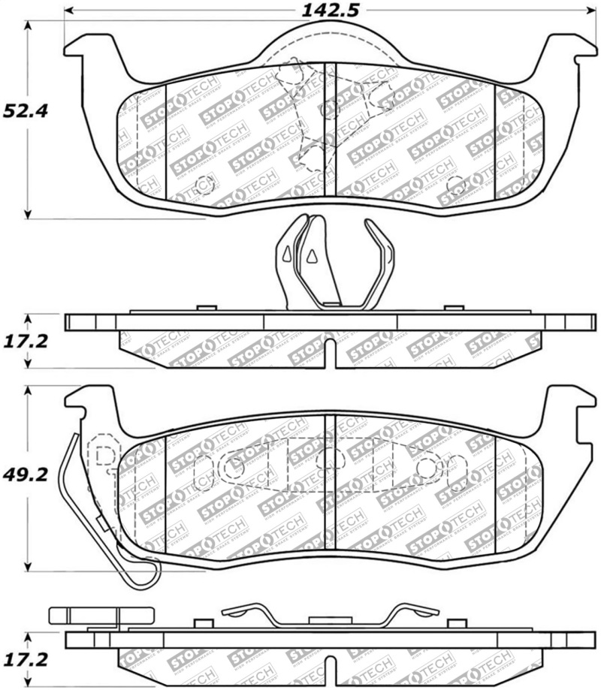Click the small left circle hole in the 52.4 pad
coord(204,185)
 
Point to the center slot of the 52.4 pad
coord(330,135)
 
